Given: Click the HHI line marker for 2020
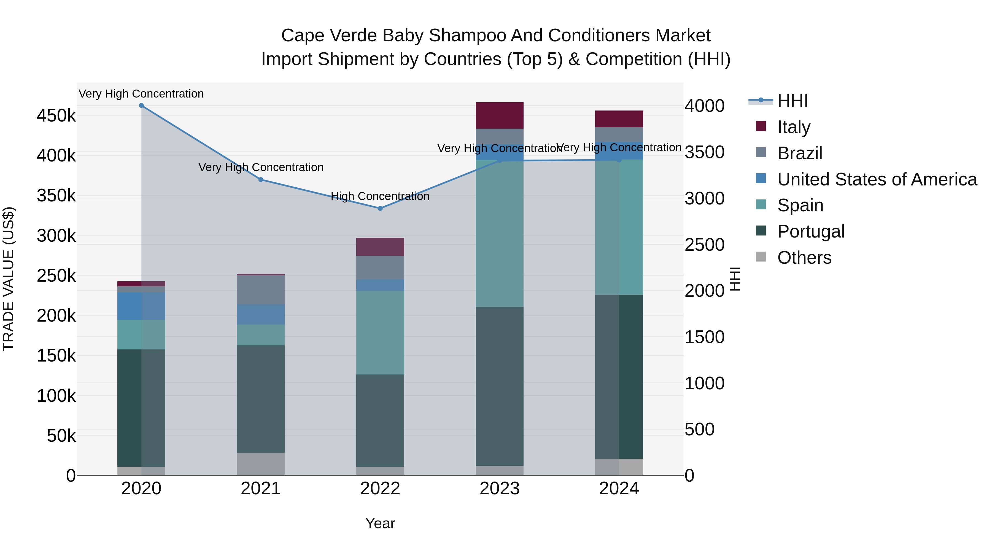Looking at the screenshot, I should [x=141, y=106].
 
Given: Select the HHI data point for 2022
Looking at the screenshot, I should [x=380, y=208].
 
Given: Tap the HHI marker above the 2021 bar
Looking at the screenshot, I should [x=261, y=179].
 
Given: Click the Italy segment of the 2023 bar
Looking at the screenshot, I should [x=500, y=115].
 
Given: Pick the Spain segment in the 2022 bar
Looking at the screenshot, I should [x=380, y=332].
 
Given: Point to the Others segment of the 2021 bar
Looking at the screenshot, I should [x=261, y=464].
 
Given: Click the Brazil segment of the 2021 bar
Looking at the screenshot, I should [x=261, y=290].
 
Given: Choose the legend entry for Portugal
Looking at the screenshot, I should [x=811, y=231].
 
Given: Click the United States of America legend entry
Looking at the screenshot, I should [x=877, y=179].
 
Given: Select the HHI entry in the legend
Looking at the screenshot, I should [x=792, y=101].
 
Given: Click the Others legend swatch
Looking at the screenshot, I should [x=761, y=257].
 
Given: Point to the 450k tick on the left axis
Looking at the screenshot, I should [x=56, y=115].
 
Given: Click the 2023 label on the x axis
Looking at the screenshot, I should [x=500, y=489].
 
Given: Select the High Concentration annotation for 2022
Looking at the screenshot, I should [x=380, y=196].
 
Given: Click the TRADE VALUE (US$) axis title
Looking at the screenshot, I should [x=9, y=279].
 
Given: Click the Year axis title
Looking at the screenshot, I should [x=380, y=523].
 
